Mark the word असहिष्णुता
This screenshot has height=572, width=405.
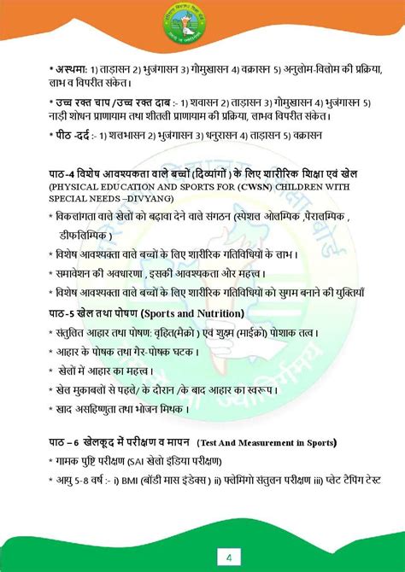pos(93,408)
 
